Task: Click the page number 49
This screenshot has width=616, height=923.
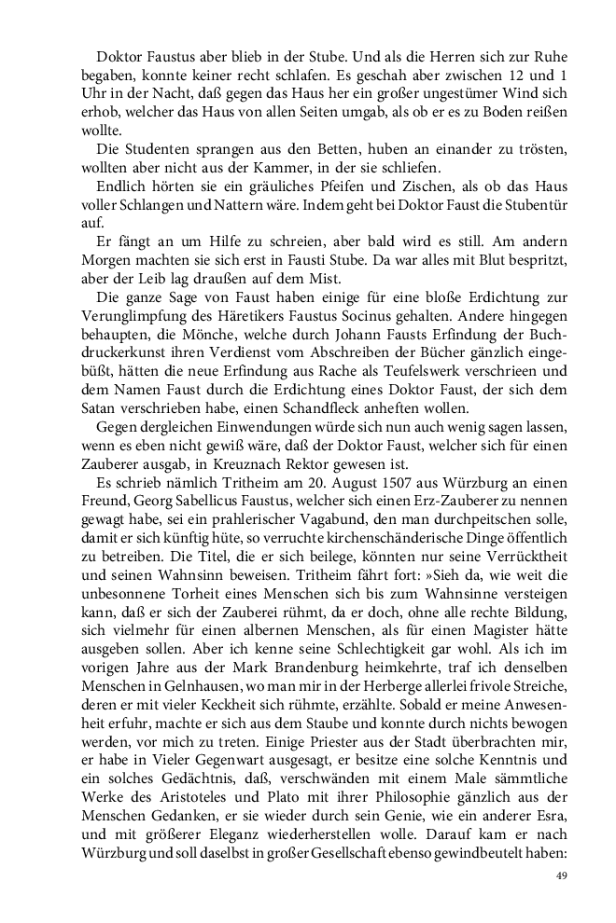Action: [562, 875]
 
